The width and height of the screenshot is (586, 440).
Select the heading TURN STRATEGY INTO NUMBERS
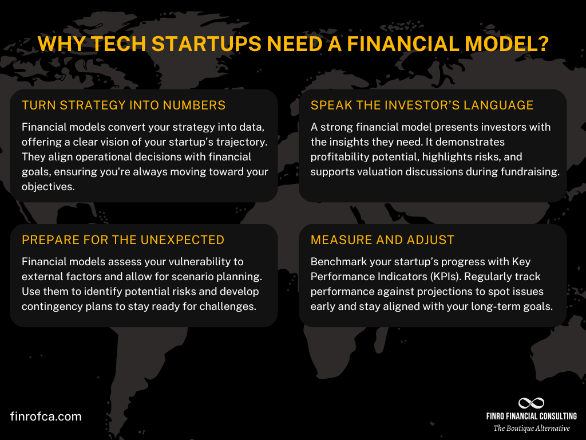[x=124, y=105]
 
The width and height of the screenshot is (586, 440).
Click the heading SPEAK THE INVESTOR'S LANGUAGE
[x=422, y=105]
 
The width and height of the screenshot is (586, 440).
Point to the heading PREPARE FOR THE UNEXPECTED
[x=123, y=239]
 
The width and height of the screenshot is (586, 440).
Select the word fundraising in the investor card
[x=529, y=172]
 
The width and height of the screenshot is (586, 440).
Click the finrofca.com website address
[x=46, y=417]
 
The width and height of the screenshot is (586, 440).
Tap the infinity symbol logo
[x=531, y=403]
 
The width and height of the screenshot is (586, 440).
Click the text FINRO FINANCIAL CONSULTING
[x=532, y=417]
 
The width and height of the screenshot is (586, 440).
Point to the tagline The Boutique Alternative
[x=532, y=428]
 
